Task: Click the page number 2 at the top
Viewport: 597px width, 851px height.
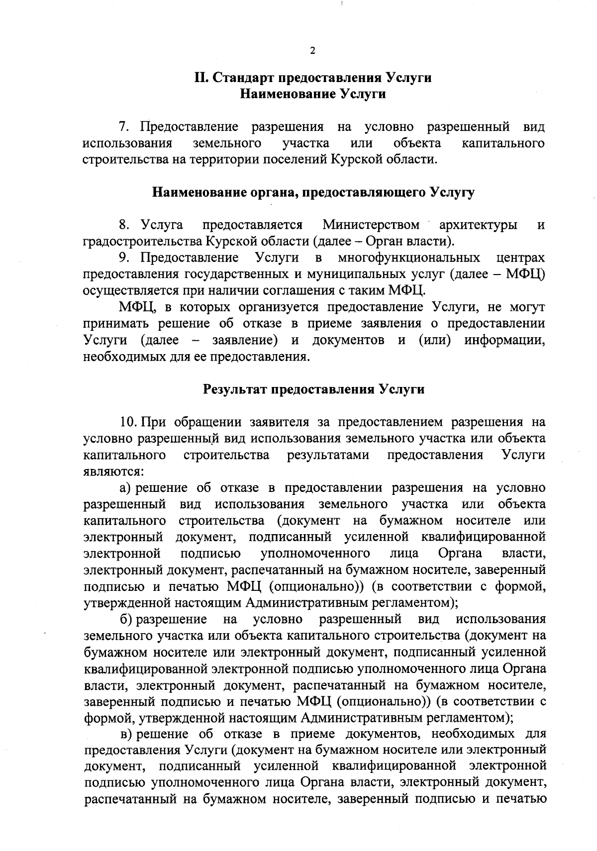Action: [x=312, y=50]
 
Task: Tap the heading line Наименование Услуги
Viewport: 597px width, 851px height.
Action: [x=313, y=94]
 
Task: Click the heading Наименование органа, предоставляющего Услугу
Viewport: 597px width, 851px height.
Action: [x=313, y=192]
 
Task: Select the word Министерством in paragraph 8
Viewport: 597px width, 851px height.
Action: [x=371, y=225]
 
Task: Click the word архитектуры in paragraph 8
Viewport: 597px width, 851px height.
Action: [x=478, y=225]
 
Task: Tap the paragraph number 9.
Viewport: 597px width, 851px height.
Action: [x=125, y=258]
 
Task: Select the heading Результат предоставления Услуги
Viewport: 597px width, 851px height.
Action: [x=314, y=389]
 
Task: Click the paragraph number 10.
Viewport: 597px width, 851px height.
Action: [x=128, y=422]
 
